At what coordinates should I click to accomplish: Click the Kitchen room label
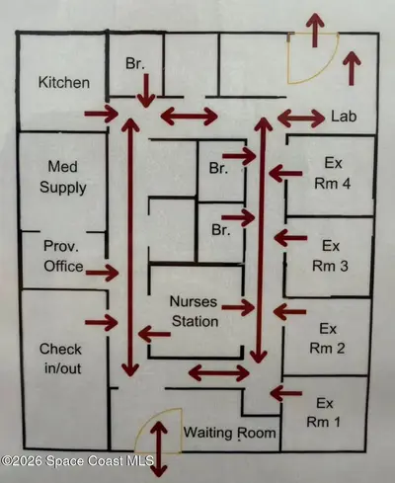click(x=64, y=82)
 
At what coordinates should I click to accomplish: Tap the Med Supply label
click(x=63, y=177)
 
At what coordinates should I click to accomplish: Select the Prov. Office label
click(x=63, y=256)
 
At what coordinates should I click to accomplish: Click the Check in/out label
click(x=60, y=359)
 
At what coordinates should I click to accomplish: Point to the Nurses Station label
click(x=195, y=311)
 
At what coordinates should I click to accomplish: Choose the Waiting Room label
click(x=230, y=433)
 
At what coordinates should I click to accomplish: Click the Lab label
click(x=344, y=117)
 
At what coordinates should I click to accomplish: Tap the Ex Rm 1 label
click(x=324, y=413)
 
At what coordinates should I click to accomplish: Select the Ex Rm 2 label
click(x=327, y=339)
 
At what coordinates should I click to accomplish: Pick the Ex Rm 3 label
click(x=330, y=256)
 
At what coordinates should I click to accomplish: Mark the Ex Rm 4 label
click(x=333, y=173)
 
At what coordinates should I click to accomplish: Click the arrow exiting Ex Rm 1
click(x=285, y=393)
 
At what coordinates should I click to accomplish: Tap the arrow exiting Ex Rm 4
click(x=285, y=173)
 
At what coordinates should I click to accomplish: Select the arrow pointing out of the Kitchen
click(x=102, y=114)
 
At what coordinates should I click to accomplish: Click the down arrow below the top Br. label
click(x=146, y=91)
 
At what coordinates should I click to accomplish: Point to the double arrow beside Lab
click(x=301, y=118)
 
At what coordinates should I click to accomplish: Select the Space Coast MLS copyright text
click(x=77, y=460)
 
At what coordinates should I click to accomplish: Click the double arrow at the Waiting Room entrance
click(x=159, y=449)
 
